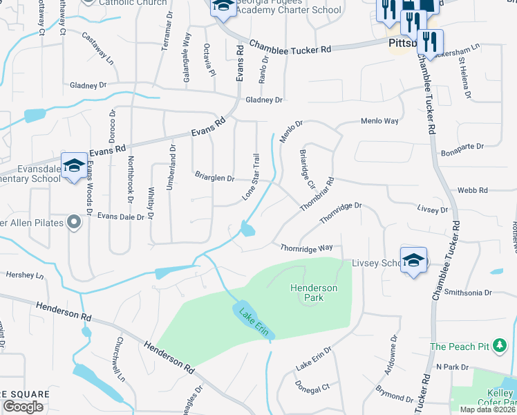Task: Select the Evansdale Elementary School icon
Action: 74,166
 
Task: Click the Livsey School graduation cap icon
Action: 413,260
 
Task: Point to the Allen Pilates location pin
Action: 74,222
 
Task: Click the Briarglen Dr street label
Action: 214,178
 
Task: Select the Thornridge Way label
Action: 307,248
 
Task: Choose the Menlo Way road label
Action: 379,121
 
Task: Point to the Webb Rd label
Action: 477,190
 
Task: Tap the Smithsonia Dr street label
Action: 468,293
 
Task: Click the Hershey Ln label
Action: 25,275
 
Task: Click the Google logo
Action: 23,407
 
